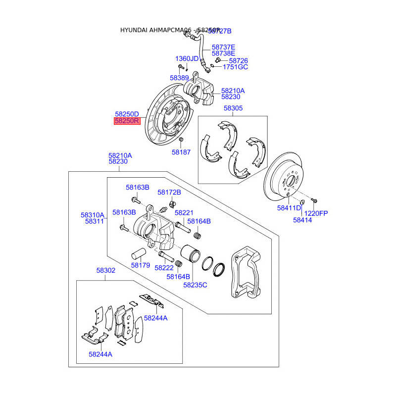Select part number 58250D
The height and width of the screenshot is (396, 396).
pyautogui.click(x=127, y=114)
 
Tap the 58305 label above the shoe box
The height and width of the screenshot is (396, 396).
pyautogui.click(x=233, y=108)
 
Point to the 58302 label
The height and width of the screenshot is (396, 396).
pyautogui.click(x=105, y=270)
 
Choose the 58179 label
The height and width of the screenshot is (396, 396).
pyautogui.click(x=141, y=265)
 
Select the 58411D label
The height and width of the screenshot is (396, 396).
pyautogui.click(x=289, y=208)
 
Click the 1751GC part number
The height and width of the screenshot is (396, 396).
pyautogui.click(x=235, y=67)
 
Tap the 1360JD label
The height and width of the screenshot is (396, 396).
pyautogui.click(x=187, y=59)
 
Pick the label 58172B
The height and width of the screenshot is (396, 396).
pyautogui.click(x=169, y=192)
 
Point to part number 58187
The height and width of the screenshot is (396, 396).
pyautogui.click(x=181, y=152)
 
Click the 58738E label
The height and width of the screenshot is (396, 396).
pyautogui.click(x=224, y=53)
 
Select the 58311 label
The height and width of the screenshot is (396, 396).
pyautogui.click(x=94, y=221)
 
